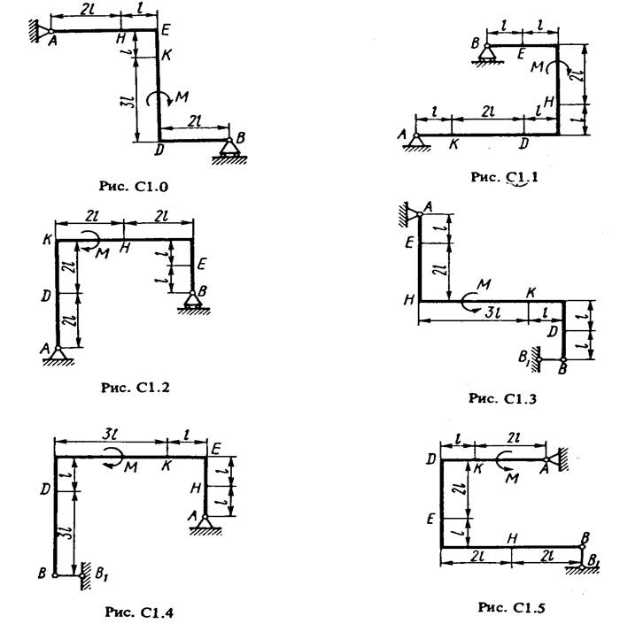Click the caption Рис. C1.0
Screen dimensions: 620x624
coord(134,186)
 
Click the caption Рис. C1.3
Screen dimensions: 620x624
coord(502,398)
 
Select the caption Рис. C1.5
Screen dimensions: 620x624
coord(511,607)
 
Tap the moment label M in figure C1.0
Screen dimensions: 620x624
coord(182,96)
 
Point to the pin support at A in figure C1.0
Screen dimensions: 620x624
coord(40,31)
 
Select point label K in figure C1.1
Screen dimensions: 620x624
coord(453,144)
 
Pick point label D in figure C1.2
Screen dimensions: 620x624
coord(46,296)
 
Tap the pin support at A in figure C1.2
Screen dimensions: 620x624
coord(58,356)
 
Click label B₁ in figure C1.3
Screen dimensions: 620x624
coord(525,358)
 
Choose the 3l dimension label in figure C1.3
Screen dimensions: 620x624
coord(493,313)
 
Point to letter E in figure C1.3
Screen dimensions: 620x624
coord(409,243)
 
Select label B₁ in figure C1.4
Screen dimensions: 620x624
coord(101,574)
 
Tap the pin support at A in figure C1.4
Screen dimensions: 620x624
coord(205,523)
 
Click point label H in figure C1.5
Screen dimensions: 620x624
coord(512,538)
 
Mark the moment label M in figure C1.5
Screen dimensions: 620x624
coord(512,478)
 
